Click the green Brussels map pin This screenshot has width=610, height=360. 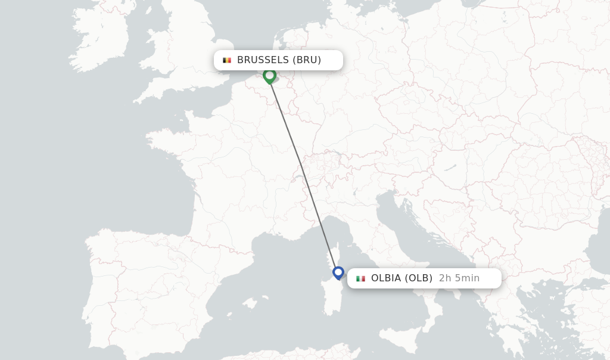[269, 76]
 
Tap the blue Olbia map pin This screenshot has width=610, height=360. [338, 273]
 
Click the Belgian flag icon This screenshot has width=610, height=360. [227, 60]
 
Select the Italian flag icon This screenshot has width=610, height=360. [360, 278]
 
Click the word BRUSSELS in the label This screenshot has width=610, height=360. [263, 60]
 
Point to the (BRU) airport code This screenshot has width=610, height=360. [307, 60]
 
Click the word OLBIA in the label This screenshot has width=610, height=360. [386, 278]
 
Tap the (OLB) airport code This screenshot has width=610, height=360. [419, 278]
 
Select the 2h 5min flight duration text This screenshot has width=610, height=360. [459, 278]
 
